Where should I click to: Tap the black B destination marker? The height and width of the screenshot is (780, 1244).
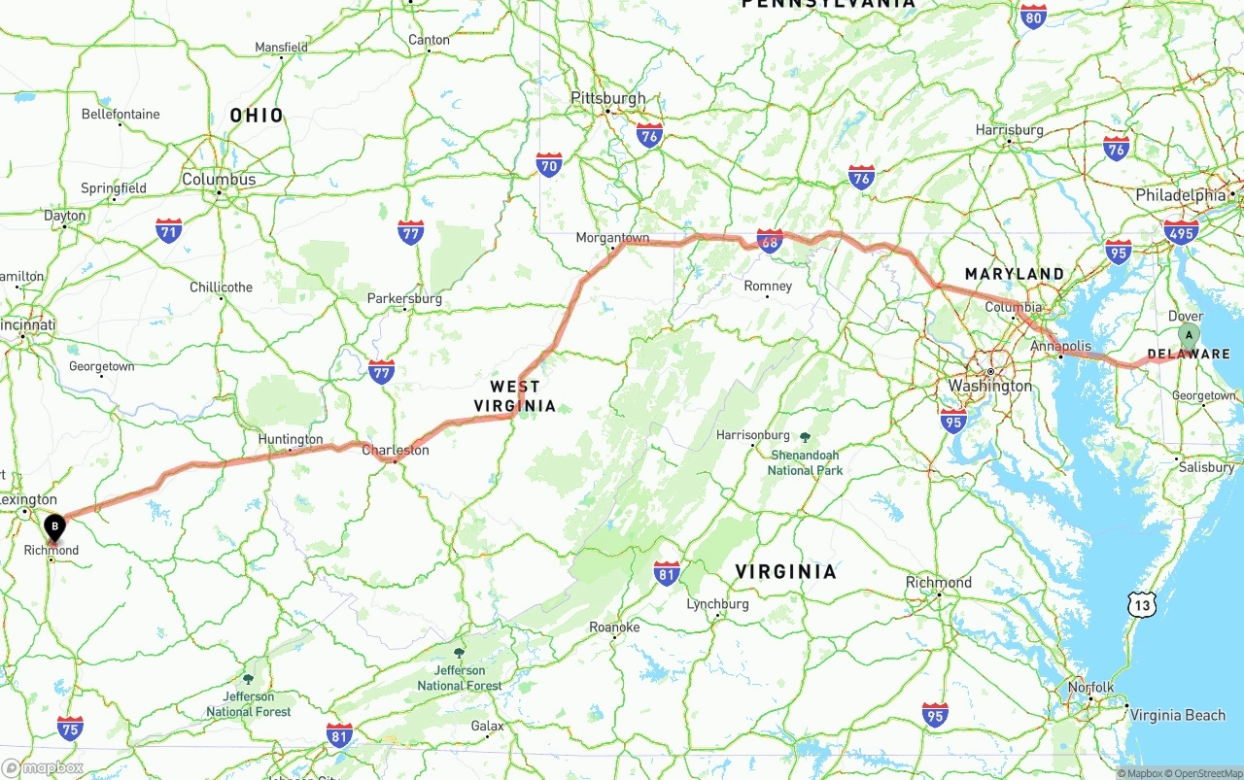pos(55,527)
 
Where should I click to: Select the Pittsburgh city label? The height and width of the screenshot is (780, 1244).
pos(607,98)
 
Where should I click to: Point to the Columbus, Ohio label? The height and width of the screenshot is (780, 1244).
pos(219,179)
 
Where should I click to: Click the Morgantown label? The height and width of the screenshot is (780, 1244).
pos(612,237)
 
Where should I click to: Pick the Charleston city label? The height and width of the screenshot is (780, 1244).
pos(396,450)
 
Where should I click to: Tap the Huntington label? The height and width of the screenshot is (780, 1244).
pos(291,439)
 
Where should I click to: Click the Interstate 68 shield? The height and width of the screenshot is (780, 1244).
pos(770,241)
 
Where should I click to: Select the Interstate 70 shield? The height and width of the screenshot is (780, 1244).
pos(549,164)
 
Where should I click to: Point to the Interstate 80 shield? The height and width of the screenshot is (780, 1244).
pos(1033,17)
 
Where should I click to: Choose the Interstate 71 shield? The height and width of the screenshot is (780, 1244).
pos(169,230)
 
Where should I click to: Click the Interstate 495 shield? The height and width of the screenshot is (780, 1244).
pos(1181,232)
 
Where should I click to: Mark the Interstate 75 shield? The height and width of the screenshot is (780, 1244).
pos(70,728)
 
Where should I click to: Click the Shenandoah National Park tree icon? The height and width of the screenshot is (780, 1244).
pos(805,438)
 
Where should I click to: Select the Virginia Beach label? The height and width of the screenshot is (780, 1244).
pos(1177,715)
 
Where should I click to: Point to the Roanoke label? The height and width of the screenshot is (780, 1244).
pos(614,627)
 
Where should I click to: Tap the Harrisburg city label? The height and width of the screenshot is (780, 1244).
pos(1010,129)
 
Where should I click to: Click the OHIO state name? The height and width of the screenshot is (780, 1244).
pos(257,116)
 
